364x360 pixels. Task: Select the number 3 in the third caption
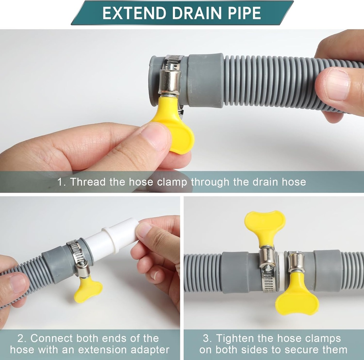pyautogui.click(x=207, y=338)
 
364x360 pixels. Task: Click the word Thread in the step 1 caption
pyautogui.click(x=88, y=182)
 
